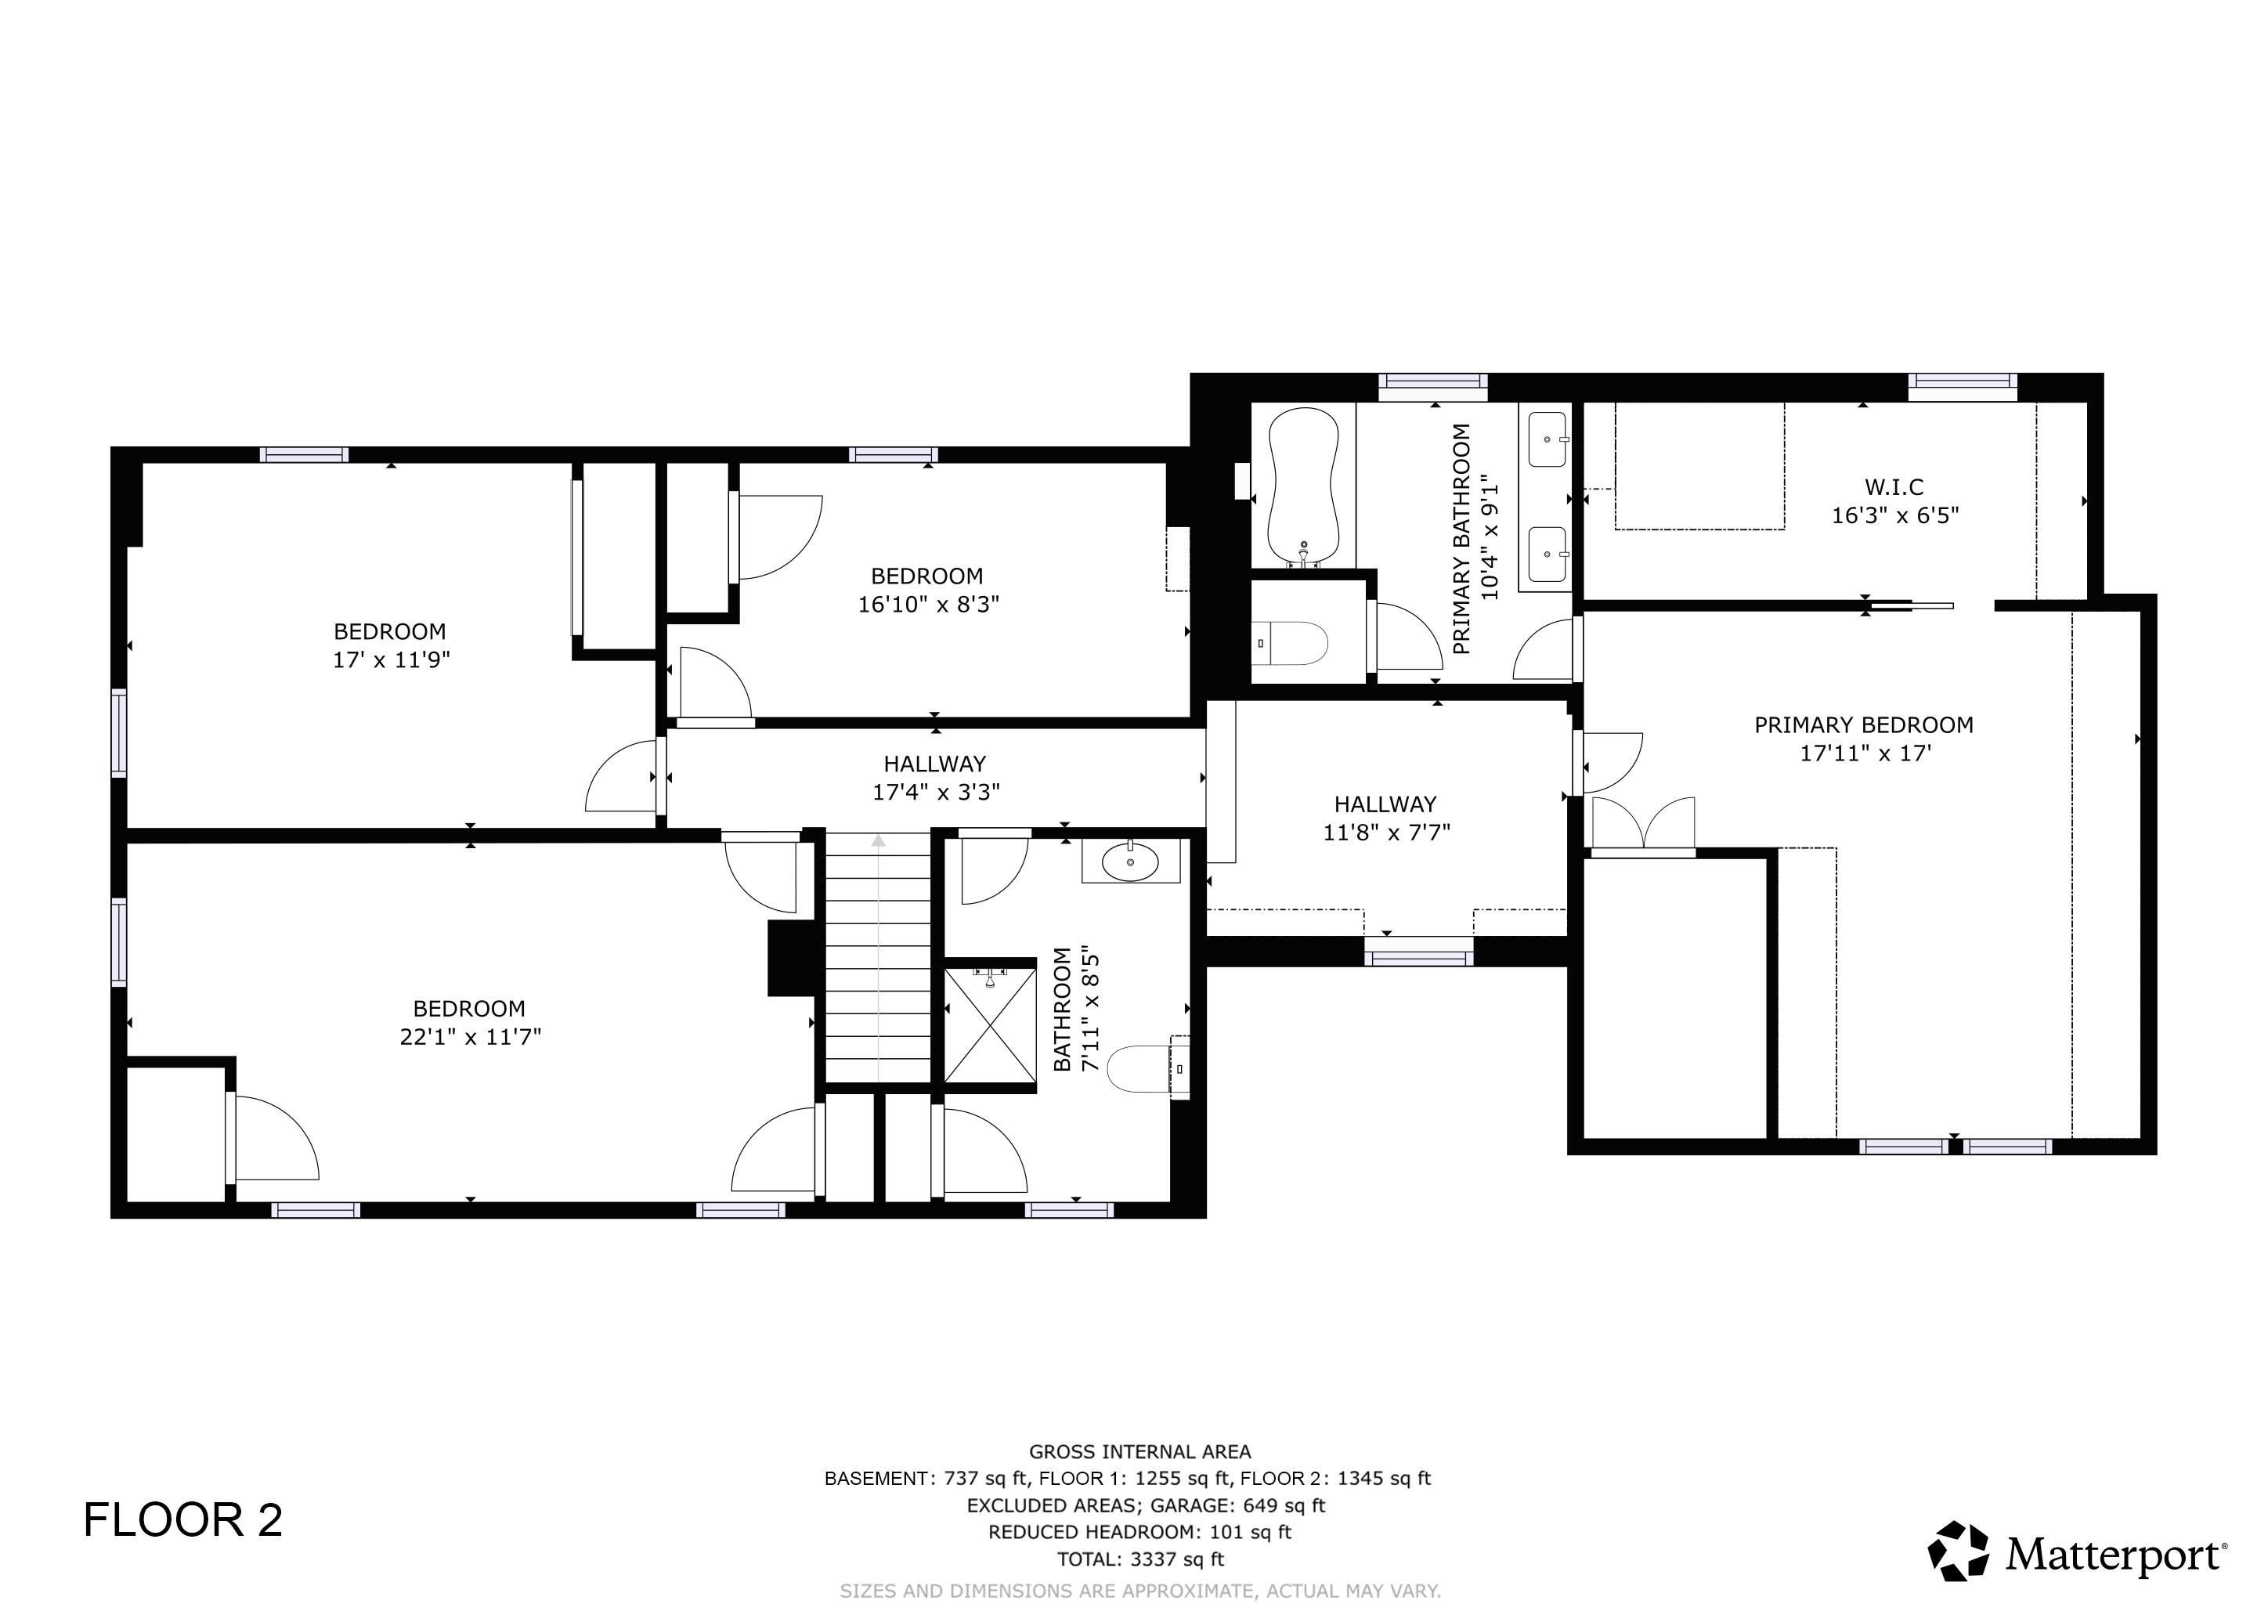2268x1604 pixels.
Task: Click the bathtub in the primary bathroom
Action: (x=1303, y=487)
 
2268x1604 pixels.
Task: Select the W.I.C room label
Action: (x=1894, y=487)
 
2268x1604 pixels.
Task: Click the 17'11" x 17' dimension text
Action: (x=1864, y=753)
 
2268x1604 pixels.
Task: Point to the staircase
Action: (x=878, y=958)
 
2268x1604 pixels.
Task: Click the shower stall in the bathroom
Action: (x=990, y=1026)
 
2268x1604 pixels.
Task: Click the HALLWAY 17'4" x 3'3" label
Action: (x=934, y=777)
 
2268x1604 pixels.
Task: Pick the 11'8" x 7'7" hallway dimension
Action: (x=1386, y=833)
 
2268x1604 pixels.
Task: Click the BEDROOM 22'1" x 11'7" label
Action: (x=469, y=1022)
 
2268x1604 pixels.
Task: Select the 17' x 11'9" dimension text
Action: (x=391, y=659)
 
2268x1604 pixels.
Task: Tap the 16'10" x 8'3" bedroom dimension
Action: (x=927, y=604)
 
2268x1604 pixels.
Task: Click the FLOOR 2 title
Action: (x=182, y=1520)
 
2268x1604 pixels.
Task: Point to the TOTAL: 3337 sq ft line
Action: (x=1140, y=1559)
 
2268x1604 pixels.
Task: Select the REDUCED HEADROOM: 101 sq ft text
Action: (x=1140, y=1532)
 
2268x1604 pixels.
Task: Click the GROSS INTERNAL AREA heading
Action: (x=1140, y=1452)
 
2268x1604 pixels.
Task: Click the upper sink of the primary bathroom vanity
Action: (x=1547, y=439)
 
